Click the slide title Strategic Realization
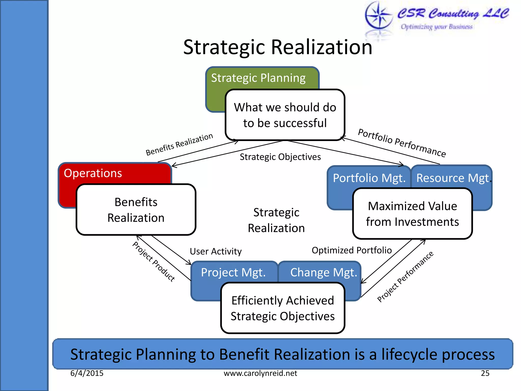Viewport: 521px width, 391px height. pos(278,48)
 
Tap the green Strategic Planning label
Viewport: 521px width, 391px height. pos(258,78)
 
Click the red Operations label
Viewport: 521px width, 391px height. pos(93,173)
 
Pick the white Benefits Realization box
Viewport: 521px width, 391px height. pos(136,210)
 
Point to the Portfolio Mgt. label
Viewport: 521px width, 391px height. pos(369,178)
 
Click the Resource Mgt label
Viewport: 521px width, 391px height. pos(453,178)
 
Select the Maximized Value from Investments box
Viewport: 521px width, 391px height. pos(412,214)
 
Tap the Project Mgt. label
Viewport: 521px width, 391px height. pos(233,272)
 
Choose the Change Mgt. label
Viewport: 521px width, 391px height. pos(324,272)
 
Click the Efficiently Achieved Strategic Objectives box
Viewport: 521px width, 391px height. pos(283,308)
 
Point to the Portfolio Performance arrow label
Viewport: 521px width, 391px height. pos(402,143)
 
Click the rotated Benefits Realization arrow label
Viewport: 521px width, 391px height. pos(179,144)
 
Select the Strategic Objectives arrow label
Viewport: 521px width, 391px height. pos(280,157)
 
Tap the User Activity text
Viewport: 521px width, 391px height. pos(216,252)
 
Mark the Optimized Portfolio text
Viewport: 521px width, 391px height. pos(352,250)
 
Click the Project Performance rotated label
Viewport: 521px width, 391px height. pos(405,277)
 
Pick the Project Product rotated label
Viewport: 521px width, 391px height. pos(154,262)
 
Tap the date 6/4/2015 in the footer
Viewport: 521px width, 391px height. pos(87,373)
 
